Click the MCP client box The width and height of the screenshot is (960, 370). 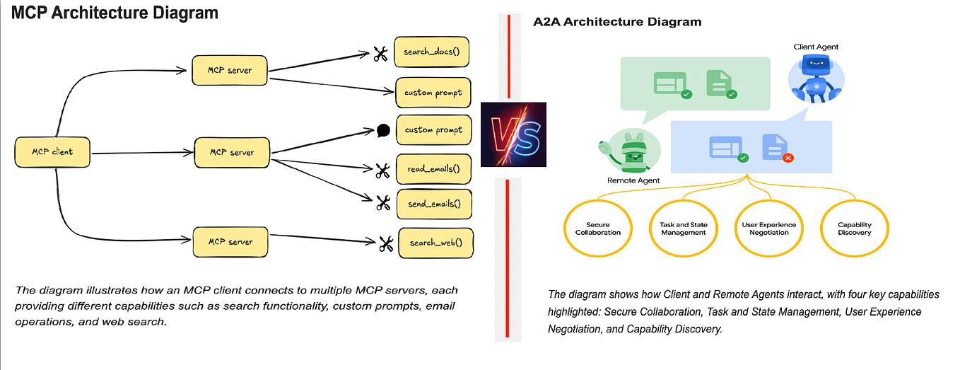[x=52, y=152]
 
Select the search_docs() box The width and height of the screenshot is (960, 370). [x=432, y=52]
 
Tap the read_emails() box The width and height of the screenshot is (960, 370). [x=433, y=169]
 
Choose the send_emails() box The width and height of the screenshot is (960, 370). [x=433, y=204]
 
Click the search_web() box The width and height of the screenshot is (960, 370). [x=436, y=243]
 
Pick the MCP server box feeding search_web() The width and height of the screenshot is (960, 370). [x=230, y=242]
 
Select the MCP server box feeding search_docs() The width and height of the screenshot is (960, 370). [x=230, y=71]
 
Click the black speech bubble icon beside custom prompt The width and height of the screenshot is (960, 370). [x=383, y=130]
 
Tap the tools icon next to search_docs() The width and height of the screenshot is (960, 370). [x=382, y=54]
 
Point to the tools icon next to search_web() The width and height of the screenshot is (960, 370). [x=385, y=244]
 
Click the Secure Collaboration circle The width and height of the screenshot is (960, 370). [x=593, y=229]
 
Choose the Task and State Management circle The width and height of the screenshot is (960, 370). [x=679, y=229]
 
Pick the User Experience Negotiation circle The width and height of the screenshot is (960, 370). [x=768, y=229]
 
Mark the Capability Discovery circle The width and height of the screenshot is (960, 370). [x=855, y=229]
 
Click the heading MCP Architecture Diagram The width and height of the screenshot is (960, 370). [x=115, y=13]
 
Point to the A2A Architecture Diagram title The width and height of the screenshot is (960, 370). [x=616, y=22]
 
